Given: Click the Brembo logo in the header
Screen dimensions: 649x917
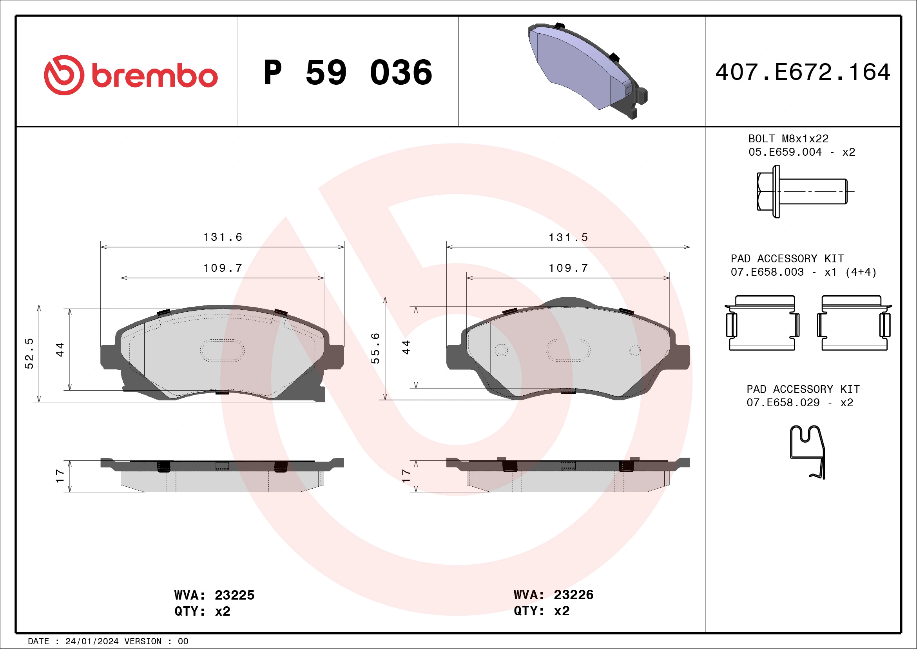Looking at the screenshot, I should coord(130,75).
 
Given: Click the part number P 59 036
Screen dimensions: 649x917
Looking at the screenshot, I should coord(348,73).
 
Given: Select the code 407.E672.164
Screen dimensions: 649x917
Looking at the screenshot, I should coord(803,72).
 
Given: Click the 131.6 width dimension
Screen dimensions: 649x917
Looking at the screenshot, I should coord(223,237).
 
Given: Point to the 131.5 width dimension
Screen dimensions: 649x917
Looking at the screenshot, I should coord(568,238).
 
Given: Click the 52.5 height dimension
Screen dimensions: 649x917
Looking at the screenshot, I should coord(29,353).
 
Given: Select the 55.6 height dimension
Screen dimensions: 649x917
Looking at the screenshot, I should coord(375,348).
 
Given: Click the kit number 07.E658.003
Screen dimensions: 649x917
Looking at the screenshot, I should coord(767,272).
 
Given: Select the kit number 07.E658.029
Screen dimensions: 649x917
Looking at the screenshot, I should coord(783,402).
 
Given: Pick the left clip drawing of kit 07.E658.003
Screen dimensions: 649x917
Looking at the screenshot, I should coord(763,323).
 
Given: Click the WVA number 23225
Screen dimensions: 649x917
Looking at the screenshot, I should coord(234,595).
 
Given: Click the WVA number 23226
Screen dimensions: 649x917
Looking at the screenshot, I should coord(574,594).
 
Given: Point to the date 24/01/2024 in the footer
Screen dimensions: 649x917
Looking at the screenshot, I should coord(92,642).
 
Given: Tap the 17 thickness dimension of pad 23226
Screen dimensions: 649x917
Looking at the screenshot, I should coord(406,476).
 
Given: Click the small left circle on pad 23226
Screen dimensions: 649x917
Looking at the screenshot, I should coord(501,351).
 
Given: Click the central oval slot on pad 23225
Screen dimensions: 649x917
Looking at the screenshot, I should coord(222,351).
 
